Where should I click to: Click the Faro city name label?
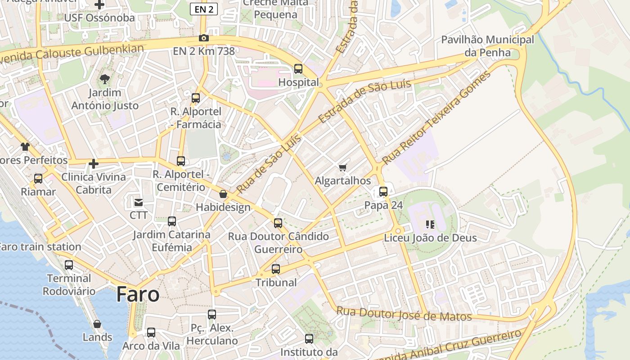pos(138,294)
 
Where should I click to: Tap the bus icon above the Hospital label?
pos(298,69)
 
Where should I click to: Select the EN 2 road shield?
pos(204,9)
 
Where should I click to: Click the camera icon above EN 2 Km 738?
pos(204,38)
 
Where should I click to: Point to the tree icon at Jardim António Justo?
pos(105,80)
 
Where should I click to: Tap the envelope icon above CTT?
pos(139,202)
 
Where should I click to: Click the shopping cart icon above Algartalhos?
pos(343,168)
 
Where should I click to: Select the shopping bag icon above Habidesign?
pos(223,194)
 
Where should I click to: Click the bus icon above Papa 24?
pos(383,192)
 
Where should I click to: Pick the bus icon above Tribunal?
pos(276,269)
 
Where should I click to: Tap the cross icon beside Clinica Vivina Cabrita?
pos(94,164)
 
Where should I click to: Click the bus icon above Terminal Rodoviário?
pos(69,265)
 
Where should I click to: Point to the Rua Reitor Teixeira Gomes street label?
pos(436,117)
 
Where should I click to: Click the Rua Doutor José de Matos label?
pos(404,314)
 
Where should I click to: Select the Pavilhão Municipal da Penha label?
pos(487,46)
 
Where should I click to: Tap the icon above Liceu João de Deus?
pos(430,224)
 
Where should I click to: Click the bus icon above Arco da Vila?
pos(151,333)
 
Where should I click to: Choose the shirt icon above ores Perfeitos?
pos(25,147)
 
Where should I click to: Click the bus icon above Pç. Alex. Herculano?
pos(212,315)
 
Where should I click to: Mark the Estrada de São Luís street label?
pos(364,101)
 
